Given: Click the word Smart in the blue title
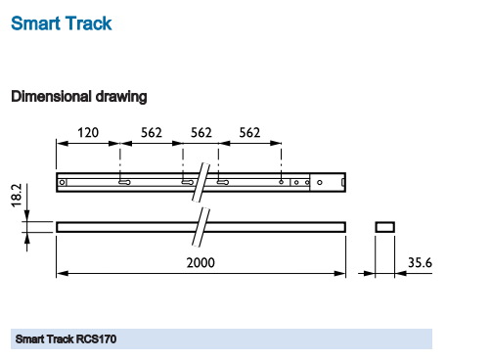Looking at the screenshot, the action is coord(35,23).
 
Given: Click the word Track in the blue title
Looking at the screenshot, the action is coord(88,23).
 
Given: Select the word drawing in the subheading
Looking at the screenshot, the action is coord(121,97).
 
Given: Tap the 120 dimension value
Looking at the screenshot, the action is coord(88,133).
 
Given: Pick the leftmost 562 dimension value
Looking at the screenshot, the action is coord(152,133).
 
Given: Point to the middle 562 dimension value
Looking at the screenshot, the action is coord(201,133).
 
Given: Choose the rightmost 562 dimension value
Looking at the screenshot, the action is coord(249,133).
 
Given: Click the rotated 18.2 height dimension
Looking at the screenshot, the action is coord(17,196).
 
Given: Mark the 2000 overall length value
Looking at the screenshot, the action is coord(201,263).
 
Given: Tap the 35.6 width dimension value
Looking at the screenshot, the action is coord(420,263).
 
